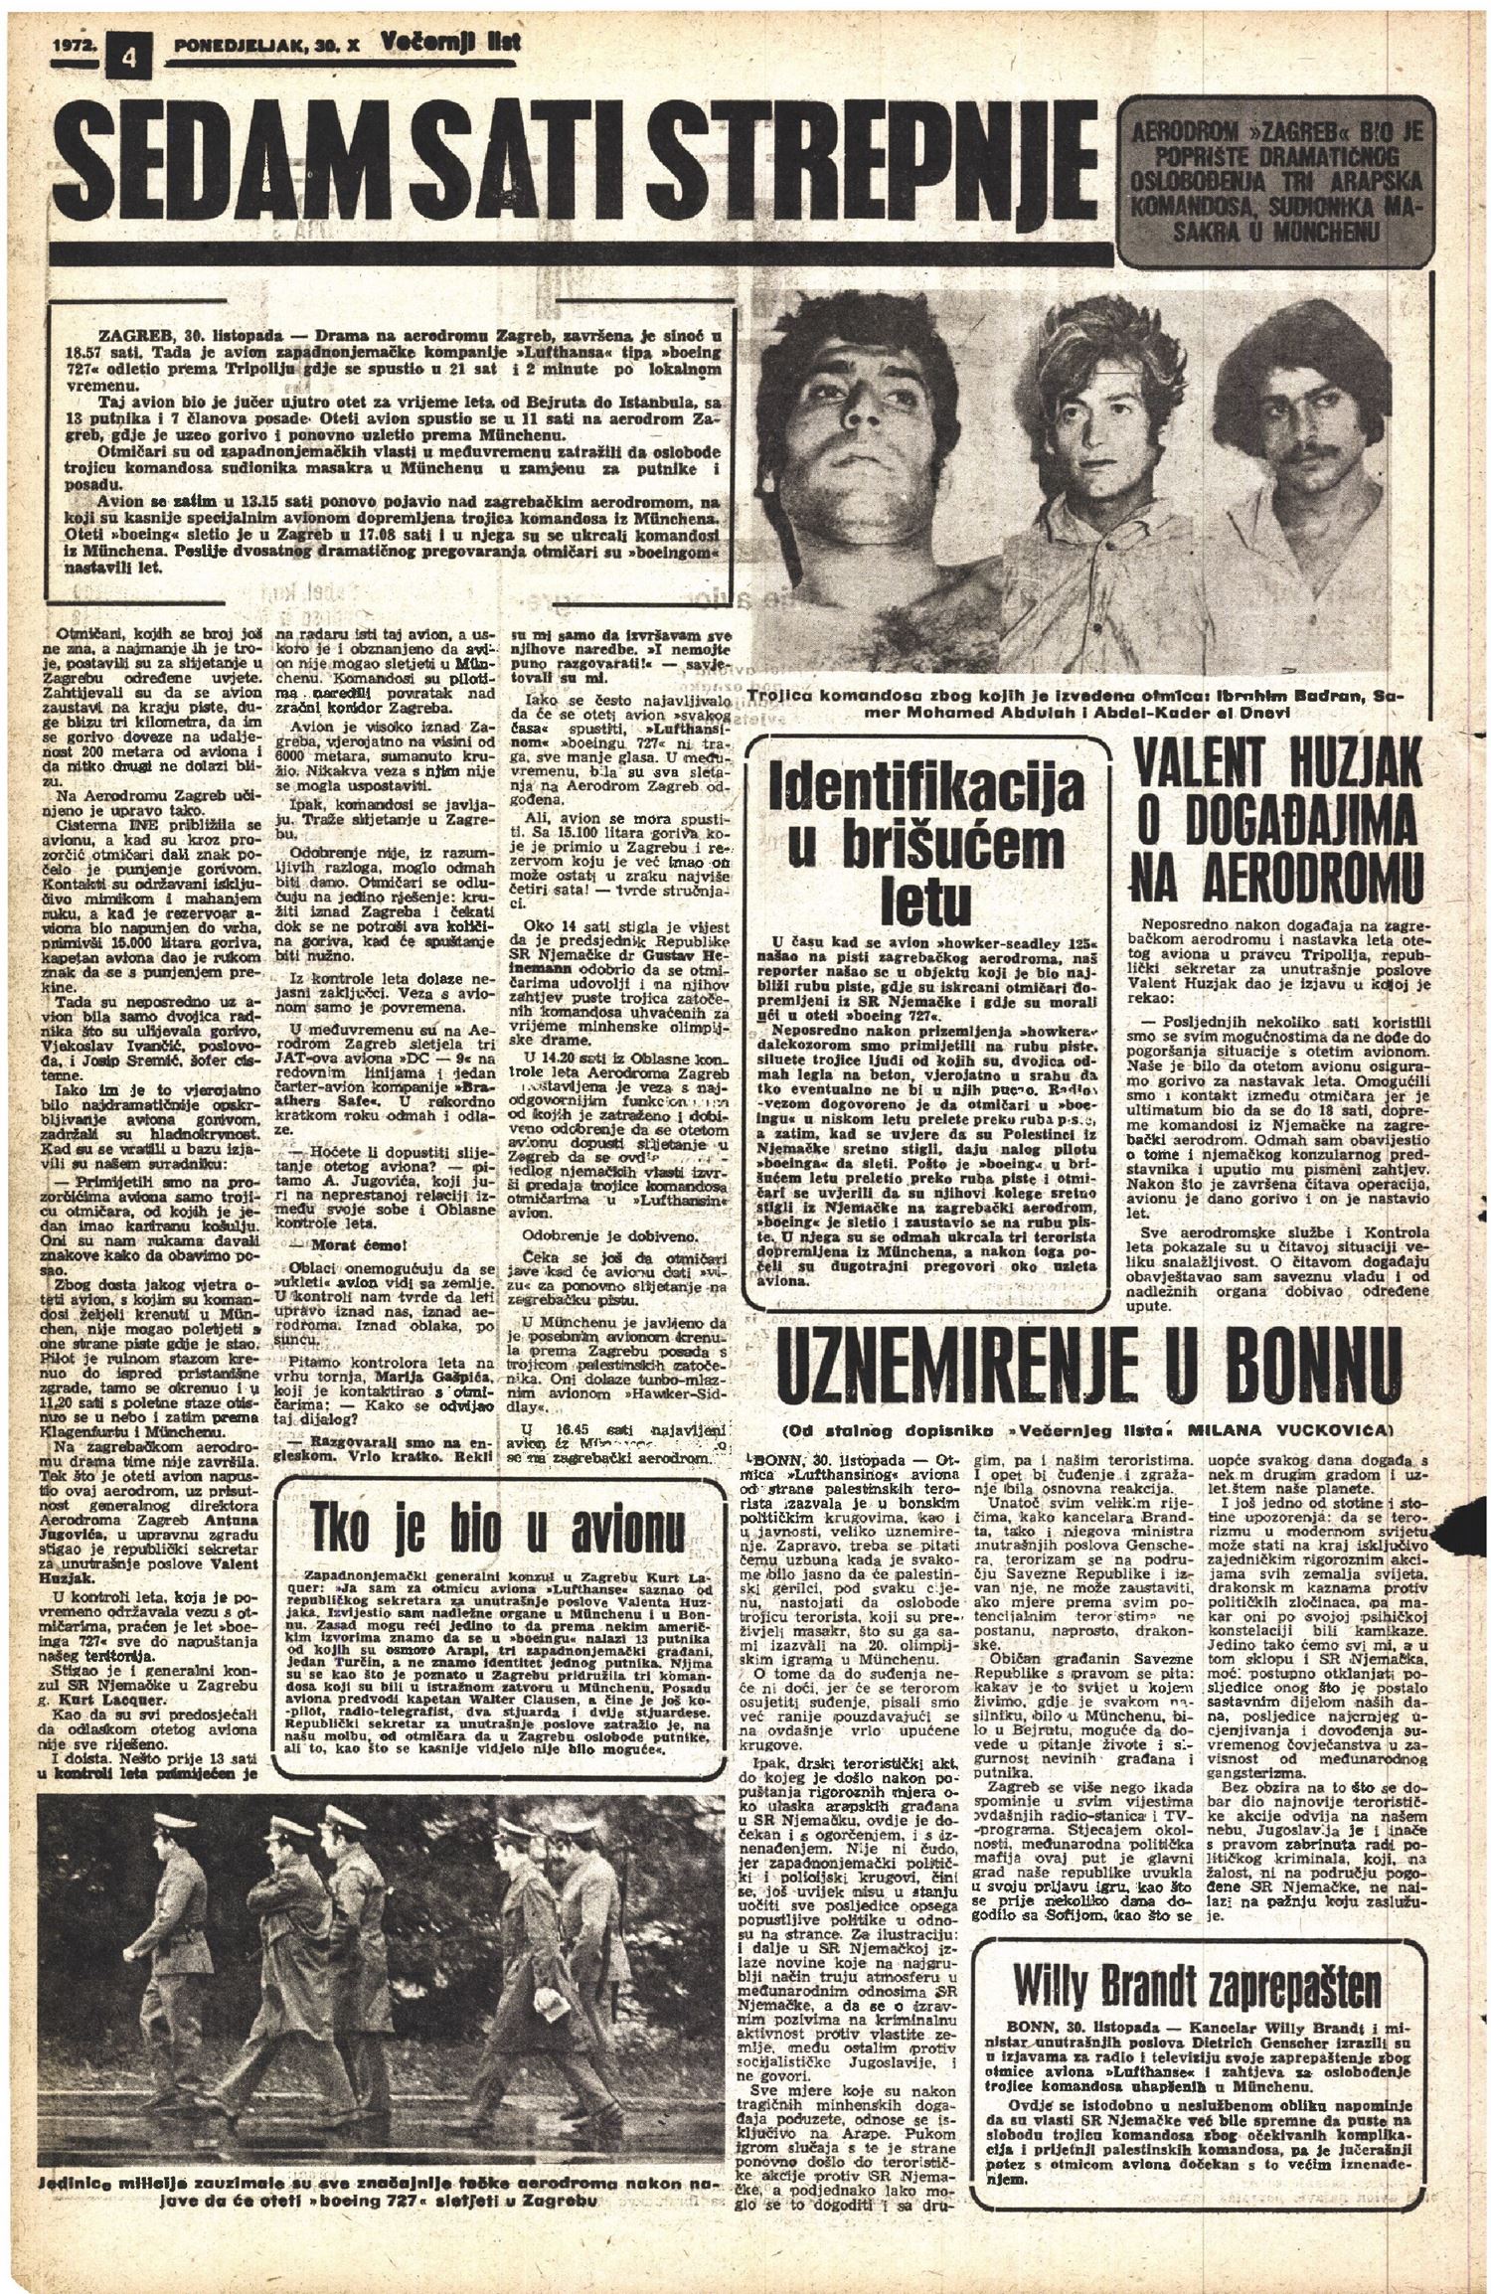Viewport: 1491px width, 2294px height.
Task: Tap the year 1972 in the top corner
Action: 71,45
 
